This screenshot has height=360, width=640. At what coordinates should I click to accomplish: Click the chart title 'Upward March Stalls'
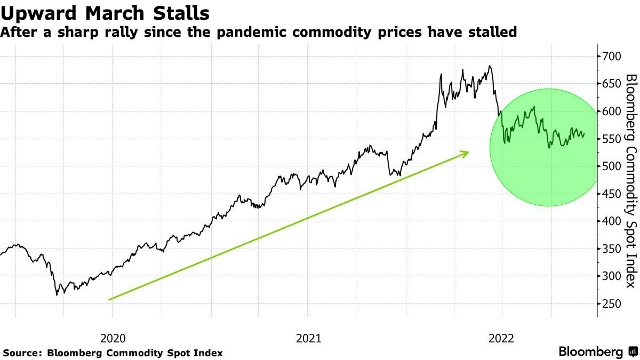[105, 12]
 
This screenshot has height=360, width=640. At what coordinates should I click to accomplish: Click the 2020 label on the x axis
[112, 338]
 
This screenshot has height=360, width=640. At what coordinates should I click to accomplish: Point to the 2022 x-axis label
[501, 338]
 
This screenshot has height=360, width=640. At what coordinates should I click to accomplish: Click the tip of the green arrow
[468, 153]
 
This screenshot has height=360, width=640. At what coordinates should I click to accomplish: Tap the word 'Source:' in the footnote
[22, 353]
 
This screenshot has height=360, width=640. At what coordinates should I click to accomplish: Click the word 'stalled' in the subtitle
[497, 33]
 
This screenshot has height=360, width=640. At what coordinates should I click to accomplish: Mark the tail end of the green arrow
[109, 300]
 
